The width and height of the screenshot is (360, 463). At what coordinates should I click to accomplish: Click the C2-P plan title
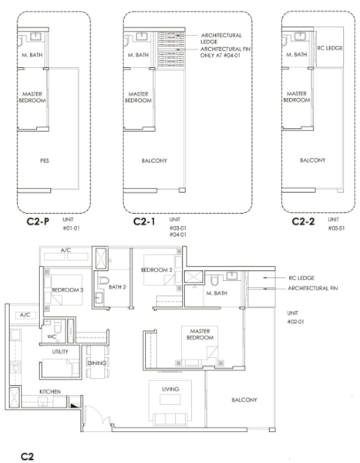[x=38, y=221]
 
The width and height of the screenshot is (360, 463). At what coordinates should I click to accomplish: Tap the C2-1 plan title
[x=144, y=221]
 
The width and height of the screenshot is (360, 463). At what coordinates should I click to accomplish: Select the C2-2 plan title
[x=303, y=221]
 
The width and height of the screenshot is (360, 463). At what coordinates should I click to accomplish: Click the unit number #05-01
[x=336, y=228]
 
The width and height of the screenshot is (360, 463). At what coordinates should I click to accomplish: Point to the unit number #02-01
[x=295, y=322]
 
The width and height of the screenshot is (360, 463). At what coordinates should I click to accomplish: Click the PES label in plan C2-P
[x=45, y=161]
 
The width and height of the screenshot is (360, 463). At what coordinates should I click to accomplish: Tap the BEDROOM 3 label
[x=68, y=290]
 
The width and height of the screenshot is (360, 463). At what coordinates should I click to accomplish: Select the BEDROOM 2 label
[x=156, y=270]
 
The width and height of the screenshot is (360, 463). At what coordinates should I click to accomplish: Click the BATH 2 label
[x=117, y=287]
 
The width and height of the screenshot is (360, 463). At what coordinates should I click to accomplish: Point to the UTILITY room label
[x=60, y=352]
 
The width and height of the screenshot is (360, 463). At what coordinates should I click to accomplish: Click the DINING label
[x=97, y=363]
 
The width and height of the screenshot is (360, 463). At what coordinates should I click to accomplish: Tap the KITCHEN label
[x=50, y=391]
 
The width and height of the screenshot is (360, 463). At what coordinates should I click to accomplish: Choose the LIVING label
[x=170, y=389]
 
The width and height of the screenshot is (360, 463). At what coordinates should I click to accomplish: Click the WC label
[x=52, y=336]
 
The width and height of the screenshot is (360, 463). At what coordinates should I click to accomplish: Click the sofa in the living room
[x=170, y=420]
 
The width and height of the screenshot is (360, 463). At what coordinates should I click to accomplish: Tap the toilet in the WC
[x=58, y=326]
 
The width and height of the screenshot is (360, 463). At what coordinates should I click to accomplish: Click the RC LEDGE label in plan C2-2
[x=330, y=48]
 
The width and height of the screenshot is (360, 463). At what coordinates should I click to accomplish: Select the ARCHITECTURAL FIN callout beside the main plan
[x=313, y=288]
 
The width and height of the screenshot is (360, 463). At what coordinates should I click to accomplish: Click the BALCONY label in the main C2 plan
[x=244, y=400]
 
